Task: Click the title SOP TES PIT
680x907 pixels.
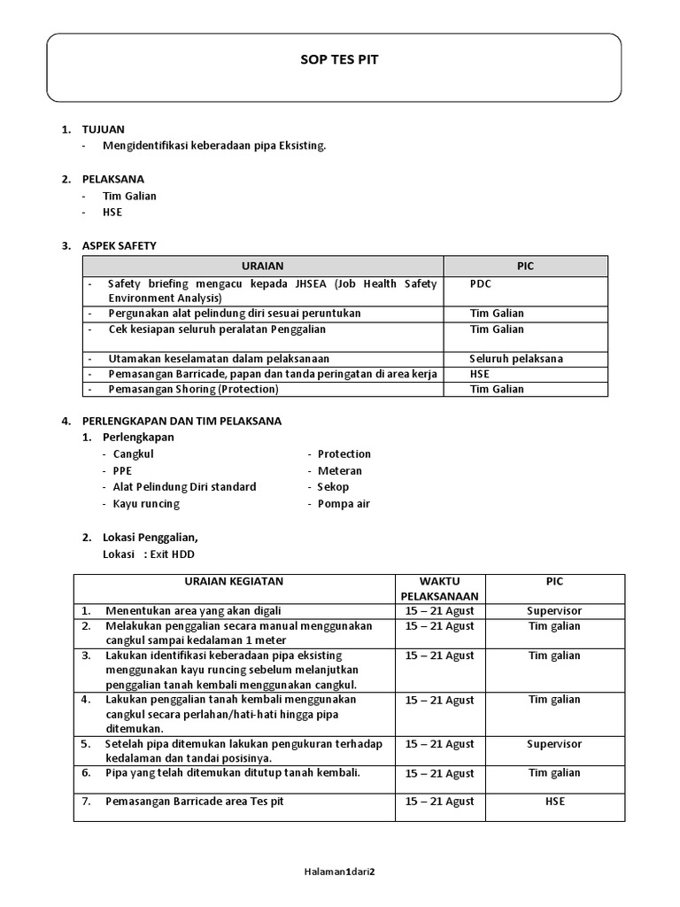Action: pos(339,59)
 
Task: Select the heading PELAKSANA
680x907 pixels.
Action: pos(113,179)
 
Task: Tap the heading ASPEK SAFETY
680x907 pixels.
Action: pos(120,245)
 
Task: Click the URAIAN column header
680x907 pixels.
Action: pos(262,266)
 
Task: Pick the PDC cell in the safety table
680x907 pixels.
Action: pos(481,284)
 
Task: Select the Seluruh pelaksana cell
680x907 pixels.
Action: pos(516,359)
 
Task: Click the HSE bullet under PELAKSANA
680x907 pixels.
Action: pos(112,213)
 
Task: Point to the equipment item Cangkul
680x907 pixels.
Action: pos(134,454)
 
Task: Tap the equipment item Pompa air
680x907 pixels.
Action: pos(344,504)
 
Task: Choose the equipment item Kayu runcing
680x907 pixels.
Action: pos(146,504)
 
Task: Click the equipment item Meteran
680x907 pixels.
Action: pos(340,471)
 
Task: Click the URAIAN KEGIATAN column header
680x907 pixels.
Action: pos(234,582)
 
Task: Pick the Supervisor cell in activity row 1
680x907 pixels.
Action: pos(554,611)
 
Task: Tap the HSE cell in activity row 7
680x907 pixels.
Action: pos(554,802)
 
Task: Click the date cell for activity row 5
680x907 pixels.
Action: pos(439,745)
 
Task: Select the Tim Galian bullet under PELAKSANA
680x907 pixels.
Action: pos(129,196)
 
